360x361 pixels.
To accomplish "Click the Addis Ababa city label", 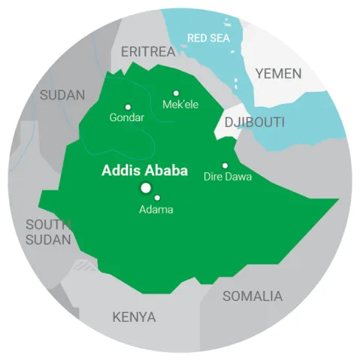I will [144, 170].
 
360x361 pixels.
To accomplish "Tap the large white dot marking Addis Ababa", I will [145, 188].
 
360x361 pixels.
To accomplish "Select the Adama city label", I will [156, 210].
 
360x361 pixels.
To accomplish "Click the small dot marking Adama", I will [157, 198].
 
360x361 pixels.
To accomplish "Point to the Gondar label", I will [126, 118].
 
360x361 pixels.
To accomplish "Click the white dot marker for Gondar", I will [128, 107].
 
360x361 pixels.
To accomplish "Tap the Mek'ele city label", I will [180, 105].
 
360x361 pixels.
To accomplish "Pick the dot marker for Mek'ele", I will [177, 93].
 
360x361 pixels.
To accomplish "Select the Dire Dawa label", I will [228, 177].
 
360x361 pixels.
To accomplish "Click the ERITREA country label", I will [147, 51].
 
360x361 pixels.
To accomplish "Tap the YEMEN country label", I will [278, 74].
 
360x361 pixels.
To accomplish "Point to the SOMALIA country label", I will [253, 296].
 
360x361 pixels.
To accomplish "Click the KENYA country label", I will [134, 317].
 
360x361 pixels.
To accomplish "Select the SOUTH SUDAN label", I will [48, 232].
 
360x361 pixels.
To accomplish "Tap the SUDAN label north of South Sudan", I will [63, 95].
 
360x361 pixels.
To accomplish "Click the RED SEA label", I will [209, 37].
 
